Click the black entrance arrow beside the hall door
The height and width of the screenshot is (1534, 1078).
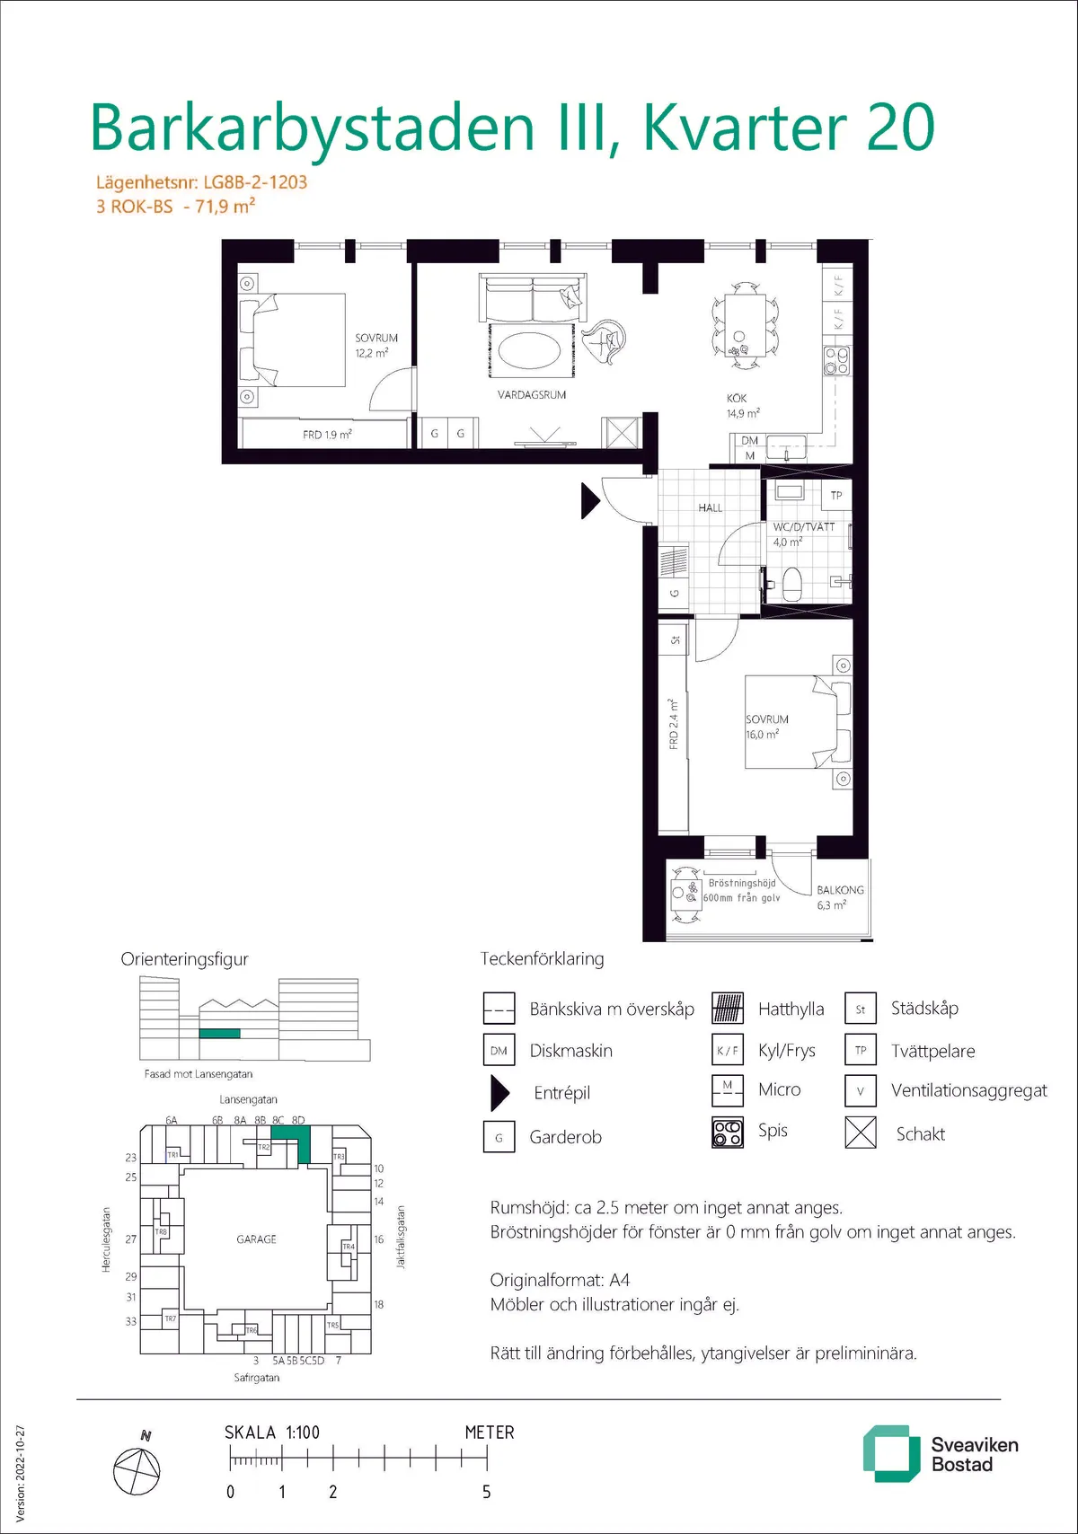[x=589, y=500]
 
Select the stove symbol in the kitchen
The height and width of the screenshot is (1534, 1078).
[x=837, y=361]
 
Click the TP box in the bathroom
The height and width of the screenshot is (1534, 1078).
[x=836, y=495]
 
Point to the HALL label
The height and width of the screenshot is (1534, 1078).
[x=711, y=507]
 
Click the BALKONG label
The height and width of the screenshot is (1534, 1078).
[x=840, y=889]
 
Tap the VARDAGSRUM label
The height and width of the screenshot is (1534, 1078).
[x=532, y=394]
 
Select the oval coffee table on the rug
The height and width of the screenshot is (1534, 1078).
[x=529, y=351]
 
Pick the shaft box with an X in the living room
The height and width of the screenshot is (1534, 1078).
[x=621, y=432]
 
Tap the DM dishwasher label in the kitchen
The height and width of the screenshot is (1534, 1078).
[x=749, y=440]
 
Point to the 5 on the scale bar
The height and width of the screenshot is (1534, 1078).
[x=486, y=1492]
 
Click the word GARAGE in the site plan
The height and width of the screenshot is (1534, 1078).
[x=256, y=1239]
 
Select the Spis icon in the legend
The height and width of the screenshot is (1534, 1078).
[x=728, y=1132]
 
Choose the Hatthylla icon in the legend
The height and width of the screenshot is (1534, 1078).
[x=728, y=1008]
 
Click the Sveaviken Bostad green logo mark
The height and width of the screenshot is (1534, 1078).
[x=891, y=1454]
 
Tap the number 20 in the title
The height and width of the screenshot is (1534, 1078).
[x=901, y=128]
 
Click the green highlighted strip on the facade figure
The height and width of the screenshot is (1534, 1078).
[x=219, y=1034]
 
